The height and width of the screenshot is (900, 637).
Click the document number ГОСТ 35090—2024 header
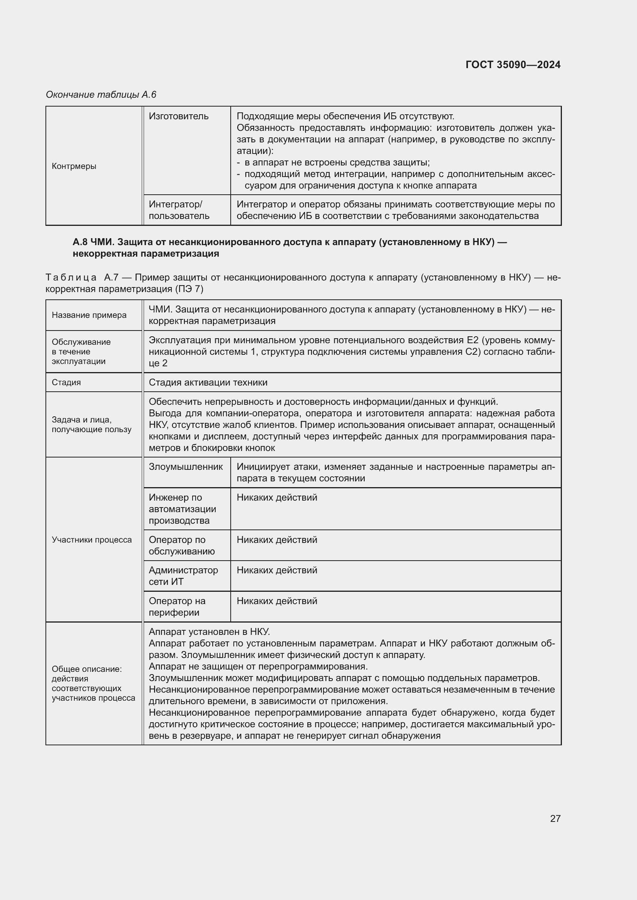(x=513, y=65)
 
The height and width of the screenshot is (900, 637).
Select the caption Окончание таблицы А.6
(x=101, y=95)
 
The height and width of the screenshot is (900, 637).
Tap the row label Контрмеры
(x=74, y=166)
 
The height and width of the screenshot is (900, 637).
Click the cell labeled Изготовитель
(x=178, y=117)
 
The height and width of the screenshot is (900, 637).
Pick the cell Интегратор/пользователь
(x=179, y=210)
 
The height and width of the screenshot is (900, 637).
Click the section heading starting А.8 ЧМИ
(x=290, y=248)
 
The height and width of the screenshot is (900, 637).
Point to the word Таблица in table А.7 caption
(x=70, y=277)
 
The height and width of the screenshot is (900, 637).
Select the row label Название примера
(x=89, y=315)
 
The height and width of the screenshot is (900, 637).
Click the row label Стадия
(x=66, y=382)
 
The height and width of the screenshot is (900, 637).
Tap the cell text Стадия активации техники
(x=208, y=382)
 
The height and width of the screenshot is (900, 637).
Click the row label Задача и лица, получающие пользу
(x=91, y=424)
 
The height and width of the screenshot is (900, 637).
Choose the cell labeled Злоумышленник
(x=186, y=467)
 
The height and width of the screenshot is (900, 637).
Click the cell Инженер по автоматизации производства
(x=182, y=509)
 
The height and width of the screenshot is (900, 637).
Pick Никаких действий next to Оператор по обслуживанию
(x=277, y=540)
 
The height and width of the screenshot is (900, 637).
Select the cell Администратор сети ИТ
(x=183, y=576)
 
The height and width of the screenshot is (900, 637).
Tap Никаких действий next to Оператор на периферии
(x=277, y=601)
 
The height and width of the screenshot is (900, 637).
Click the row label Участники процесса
(x=91, y=540)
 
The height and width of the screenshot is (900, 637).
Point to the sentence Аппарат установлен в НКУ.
(x=209, y=632)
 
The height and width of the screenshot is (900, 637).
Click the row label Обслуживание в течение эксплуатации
(x=81, y=352)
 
